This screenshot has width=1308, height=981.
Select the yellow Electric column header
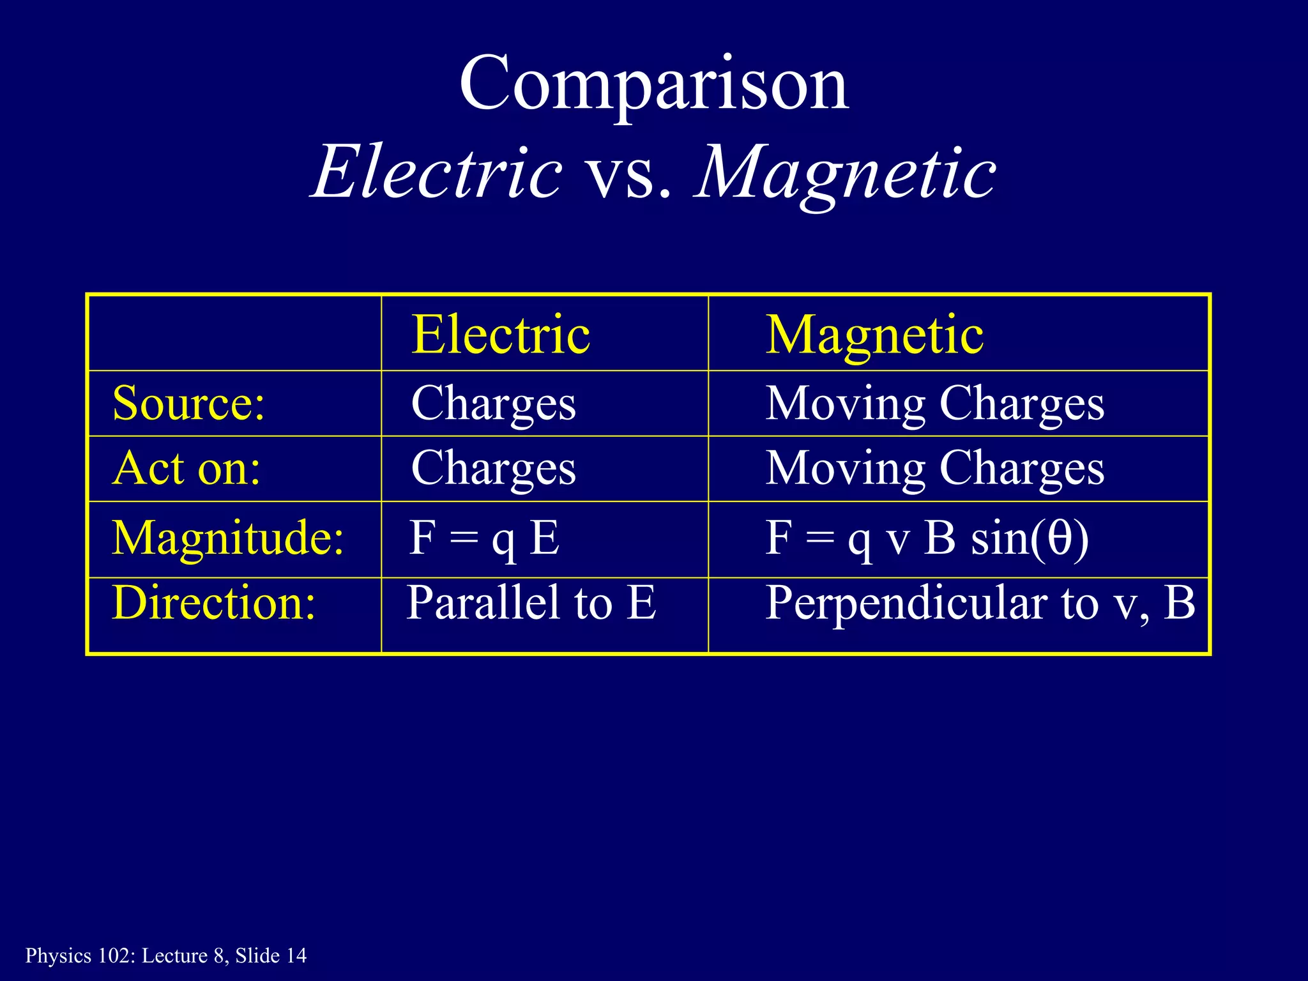(x=500, y=335)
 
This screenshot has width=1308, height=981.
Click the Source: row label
(x=188, y=404)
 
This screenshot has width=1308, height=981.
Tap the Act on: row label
(x=186, y=469)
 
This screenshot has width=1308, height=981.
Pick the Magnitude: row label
(x=228, y=538)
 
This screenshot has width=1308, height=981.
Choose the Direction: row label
(x=213, y=603)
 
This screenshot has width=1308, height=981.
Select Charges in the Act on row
(x=493, y=469)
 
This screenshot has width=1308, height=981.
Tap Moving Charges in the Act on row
(x=934, y=469)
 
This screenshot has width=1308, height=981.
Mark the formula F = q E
(x=484, y=538)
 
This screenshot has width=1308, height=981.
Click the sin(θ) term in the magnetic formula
(x=1030, y=538)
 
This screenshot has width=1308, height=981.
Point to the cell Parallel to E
(x=531, y=603)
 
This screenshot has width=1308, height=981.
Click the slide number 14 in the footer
(x=296, y=955)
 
